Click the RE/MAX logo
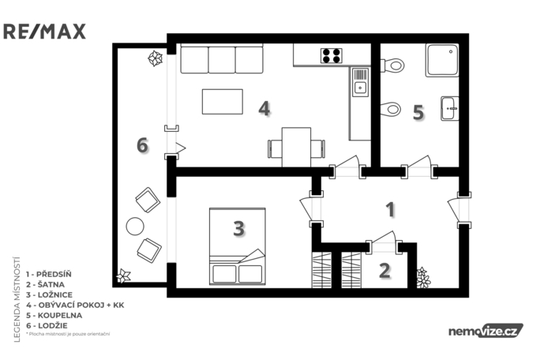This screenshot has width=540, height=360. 44,32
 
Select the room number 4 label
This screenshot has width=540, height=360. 264,109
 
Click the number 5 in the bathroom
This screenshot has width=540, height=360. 418,112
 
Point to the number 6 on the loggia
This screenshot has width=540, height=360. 142,145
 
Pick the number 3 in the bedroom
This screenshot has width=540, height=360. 238,229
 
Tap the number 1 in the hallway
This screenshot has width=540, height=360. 389,209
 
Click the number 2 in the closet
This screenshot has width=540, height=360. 384,270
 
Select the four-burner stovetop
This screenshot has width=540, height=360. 332,55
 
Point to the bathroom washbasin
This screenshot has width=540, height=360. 448,107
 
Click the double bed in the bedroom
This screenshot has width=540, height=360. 237,246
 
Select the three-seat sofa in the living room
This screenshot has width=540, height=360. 221,58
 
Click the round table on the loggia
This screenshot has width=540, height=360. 135,227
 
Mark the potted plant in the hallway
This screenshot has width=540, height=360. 423,277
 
